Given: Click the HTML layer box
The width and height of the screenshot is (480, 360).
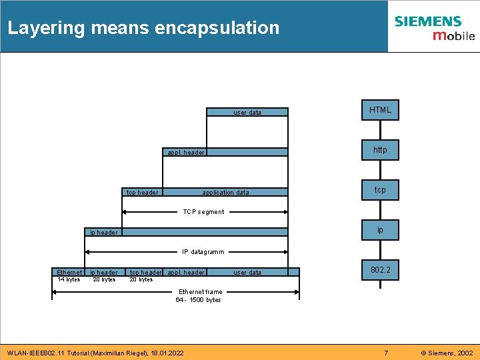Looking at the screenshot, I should (380, 110).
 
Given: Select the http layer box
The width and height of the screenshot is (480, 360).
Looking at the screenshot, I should (380, 150).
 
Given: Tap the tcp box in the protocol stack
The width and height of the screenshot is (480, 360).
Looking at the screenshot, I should (380, 190).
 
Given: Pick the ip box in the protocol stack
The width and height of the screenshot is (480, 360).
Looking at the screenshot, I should (380, 230).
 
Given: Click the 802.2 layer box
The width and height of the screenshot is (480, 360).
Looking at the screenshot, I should (380, 270).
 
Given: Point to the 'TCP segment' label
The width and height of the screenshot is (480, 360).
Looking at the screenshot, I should (203, 212).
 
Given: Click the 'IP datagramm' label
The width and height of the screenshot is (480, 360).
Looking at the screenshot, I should (203, 252).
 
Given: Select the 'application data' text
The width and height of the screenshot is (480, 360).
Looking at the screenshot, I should (225, 193).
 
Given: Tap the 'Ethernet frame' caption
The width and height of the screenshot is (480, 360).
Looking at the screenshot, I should (199, 292).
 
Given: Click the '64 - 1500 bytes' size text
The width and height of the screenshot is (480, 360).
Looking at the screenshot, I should (198, 300).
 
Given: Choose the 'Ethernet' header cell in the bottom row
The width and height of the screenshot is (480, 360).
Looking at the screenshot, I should (69, 272).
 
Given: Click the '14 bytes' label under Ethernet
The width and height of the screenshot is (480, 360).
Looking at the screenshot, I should (69, 279).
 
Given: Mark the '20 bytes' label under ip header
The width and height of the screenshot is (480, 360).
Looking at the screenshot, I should (104, 279).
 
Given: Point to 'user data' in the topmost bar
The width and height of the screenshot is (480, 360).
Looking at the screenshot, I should (247, 113).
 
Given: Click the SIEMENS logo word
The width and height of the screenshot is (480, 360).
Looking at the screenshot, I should (427, 21).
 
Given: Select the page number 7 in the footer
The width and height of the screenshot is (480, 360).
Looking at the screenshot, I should (385, 352).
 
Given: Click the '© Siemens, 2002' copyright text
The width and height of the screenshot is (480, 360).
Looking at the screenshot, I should (446, 352).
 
